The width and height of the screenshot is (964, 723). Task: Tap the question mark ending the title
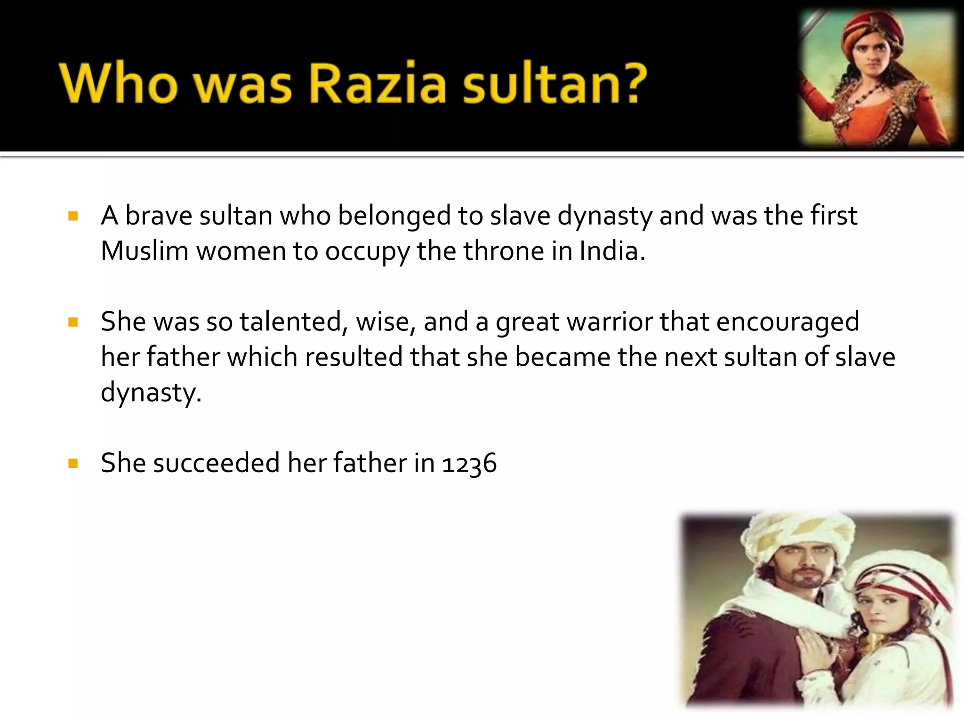(629, 83)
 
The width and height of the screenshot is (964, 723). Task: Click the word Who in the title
(118, 83)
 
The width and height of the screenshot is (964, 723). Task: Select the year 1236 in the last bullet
(469, 463)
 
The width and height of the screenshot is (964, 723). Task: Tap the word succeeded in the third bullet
(217, 463)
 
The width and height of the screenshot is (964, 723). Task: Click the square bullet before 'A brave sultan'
(73, 217)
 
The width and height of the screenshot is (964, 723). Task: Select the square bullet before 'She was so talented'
(73, 322)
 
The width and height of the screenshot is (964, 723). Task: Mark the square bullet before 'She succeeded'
(73, 464)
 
